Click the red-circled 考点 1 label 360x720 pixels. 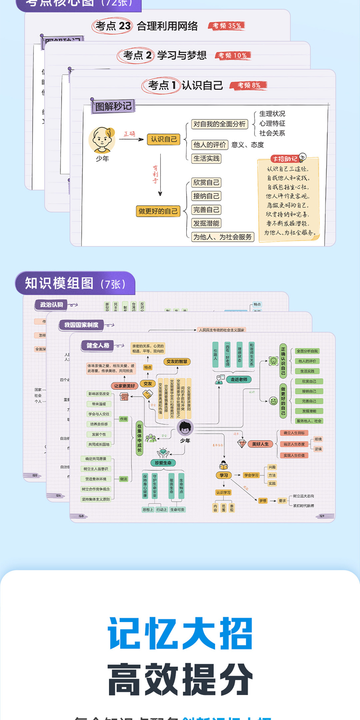(x=161, y=85)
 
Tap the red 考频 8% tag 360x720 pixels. (x=249, y=85)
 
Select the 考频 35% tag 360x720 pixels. (x=226, y=26)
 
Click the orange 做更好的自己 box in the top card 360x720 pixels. (x=158, y=211)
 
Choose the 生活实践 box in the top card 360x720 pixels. (x=206, y=158)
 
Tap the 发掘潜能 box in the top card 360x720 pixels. (x=206, y=223)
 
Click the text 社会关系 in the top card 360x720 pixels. (x=272, y=133)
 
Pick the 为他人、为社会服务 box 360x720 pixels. (x=222, y=237)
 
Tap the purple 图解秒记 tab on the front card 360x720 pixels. (x=113, y=106)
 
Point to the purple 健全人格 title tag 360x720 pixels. (x=98, y=345)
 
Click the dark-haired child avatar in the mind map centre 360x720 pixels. (x=185, y=428)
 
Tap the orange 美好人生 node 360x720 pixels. (x=260, y=444)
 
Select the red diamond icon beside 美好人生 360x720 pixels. (x=242, y=444)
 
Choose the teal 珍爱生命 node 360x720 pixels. (x=163, y=463)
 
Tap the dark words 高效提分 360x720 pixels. (x=180, y=679)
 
